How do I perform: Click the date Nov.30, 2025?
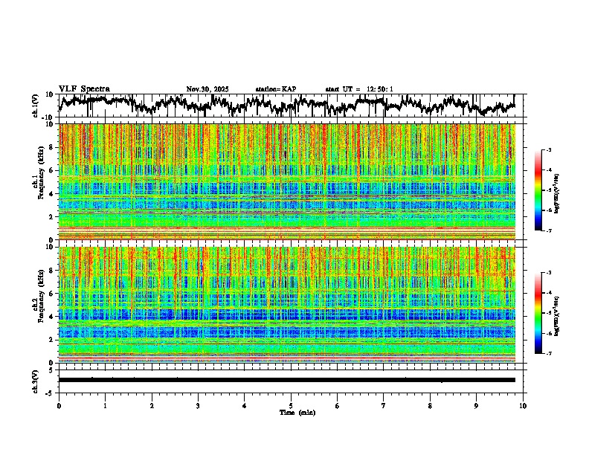tap(207, 89)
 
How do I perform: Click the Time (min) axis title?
tap(291, 412)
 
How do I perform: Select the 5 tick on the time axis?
tap(291, 405)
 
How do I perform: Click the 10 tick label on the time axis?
tap(523, 405)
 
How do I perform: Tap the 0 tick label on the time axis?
tap(59, 405)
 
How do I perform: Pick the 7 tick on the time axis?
tap(384, 405)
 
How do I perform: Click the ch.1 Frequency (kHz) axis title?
tap(39, 182)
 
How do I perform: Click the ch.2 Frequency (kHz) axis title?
tap(39, 304)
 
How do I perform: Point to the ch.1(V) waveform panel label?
tap(36, 106)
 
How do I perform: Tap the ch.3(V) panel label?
tap(36, 380)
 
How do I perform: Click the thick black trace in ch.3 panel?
tap(291, 380)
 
